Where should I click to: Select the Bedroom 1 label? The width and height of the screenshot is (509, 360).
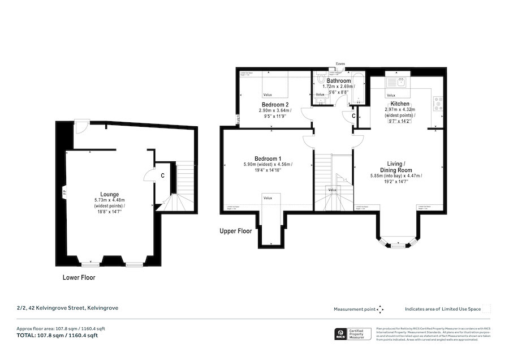click(x=268, y=158)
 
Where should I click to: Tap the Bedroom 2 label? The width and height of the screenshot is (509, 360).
click(x=275, y=105)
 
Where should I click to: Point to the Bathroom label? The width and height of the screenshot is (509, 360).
click(x=338, y=82)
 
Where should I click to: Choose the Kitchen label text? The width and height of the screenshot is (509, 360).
click(x=400, y=104)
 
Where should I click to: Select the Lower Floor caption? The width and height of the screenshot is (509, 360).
click(x=79, y=278)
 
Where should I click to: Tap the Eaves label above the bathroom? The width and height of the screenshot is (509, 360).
click(x=340, y=64)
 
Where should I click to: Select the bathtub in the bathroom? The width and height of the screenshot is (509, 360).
click(x=359, y=88)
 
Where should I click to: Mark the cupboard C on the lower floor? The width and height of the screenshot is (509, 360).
click(x=162, y=175)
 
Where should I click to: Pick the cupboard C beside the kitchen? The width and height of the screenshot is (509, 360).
click(x=353, y=116)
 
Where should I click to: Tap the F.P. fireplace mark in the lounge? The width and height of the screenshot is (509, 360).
click(x=65, y=192)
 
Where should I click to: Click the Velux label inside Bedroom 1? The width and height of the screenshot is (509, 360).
click(x=268, y=198)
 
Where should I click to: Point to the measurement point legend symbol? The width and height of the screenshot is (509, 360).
click(x=380, y=309)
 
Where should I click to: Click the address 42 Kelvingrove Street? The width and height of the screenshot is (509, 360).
click(x=67, y=308)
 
